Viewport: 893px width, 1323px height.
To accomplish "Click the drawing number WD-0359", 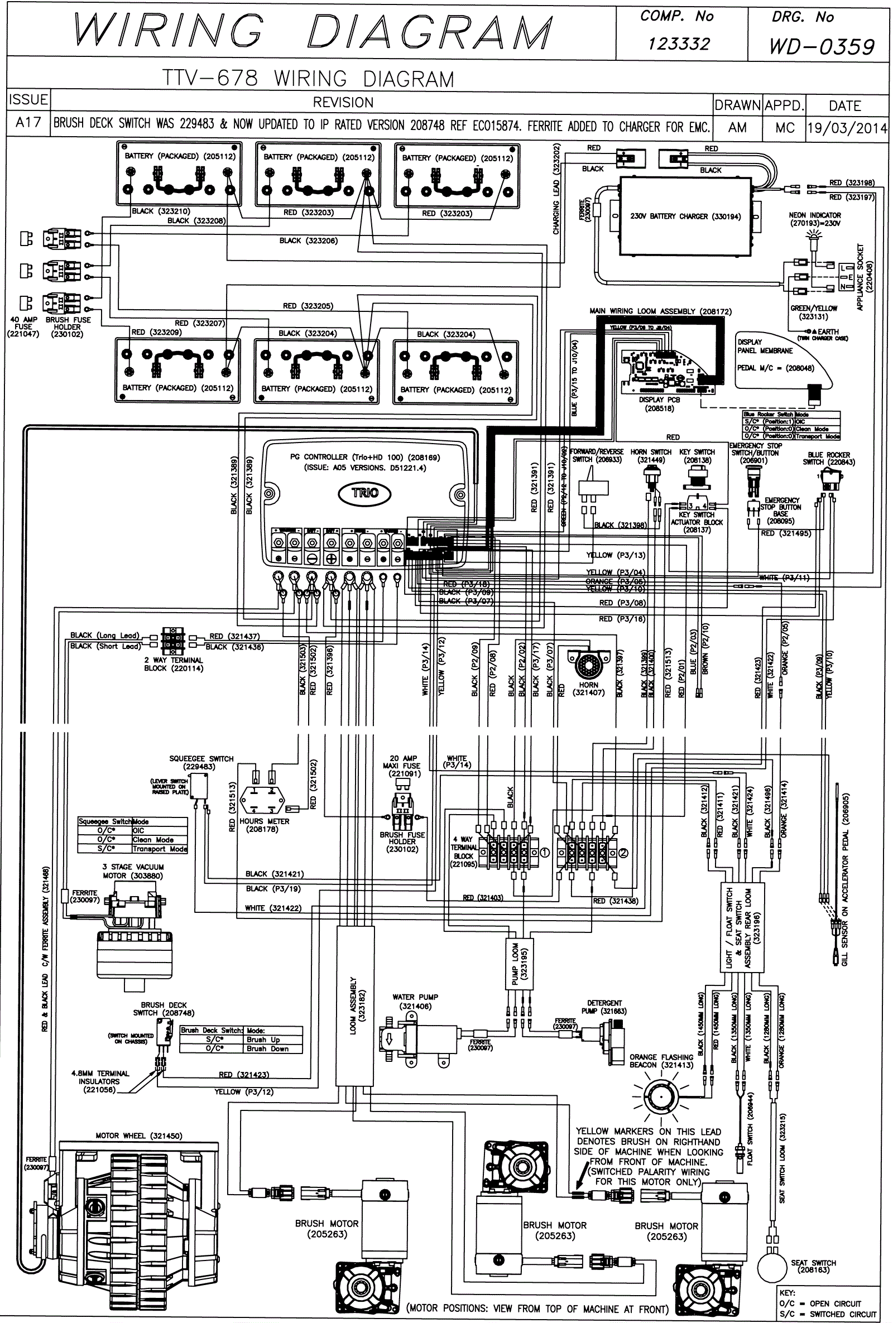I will pos(821,46).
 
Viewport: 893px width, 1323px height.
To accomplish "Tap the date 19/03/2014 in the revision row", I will pos(847,128).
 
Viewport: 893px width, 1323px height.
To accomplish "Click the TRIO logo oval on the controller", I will pos(364,493).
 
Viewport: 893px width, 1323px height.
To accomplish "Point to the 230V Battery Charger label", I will pos(685,217).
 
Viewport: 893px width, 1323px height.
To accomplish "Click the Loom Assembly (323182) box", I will pos(356,1006).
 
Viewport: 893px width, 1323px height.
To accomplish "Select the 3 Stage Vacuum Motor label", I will pos(133,871).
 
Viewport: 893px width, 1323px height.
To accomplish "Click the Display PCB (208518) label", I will pos(659,403).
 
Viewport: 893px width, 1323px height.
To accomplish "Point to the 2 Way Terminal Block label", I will pos(173,665).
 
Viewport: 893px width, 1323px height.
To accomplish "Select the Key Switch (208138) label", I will pos(697,455).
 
